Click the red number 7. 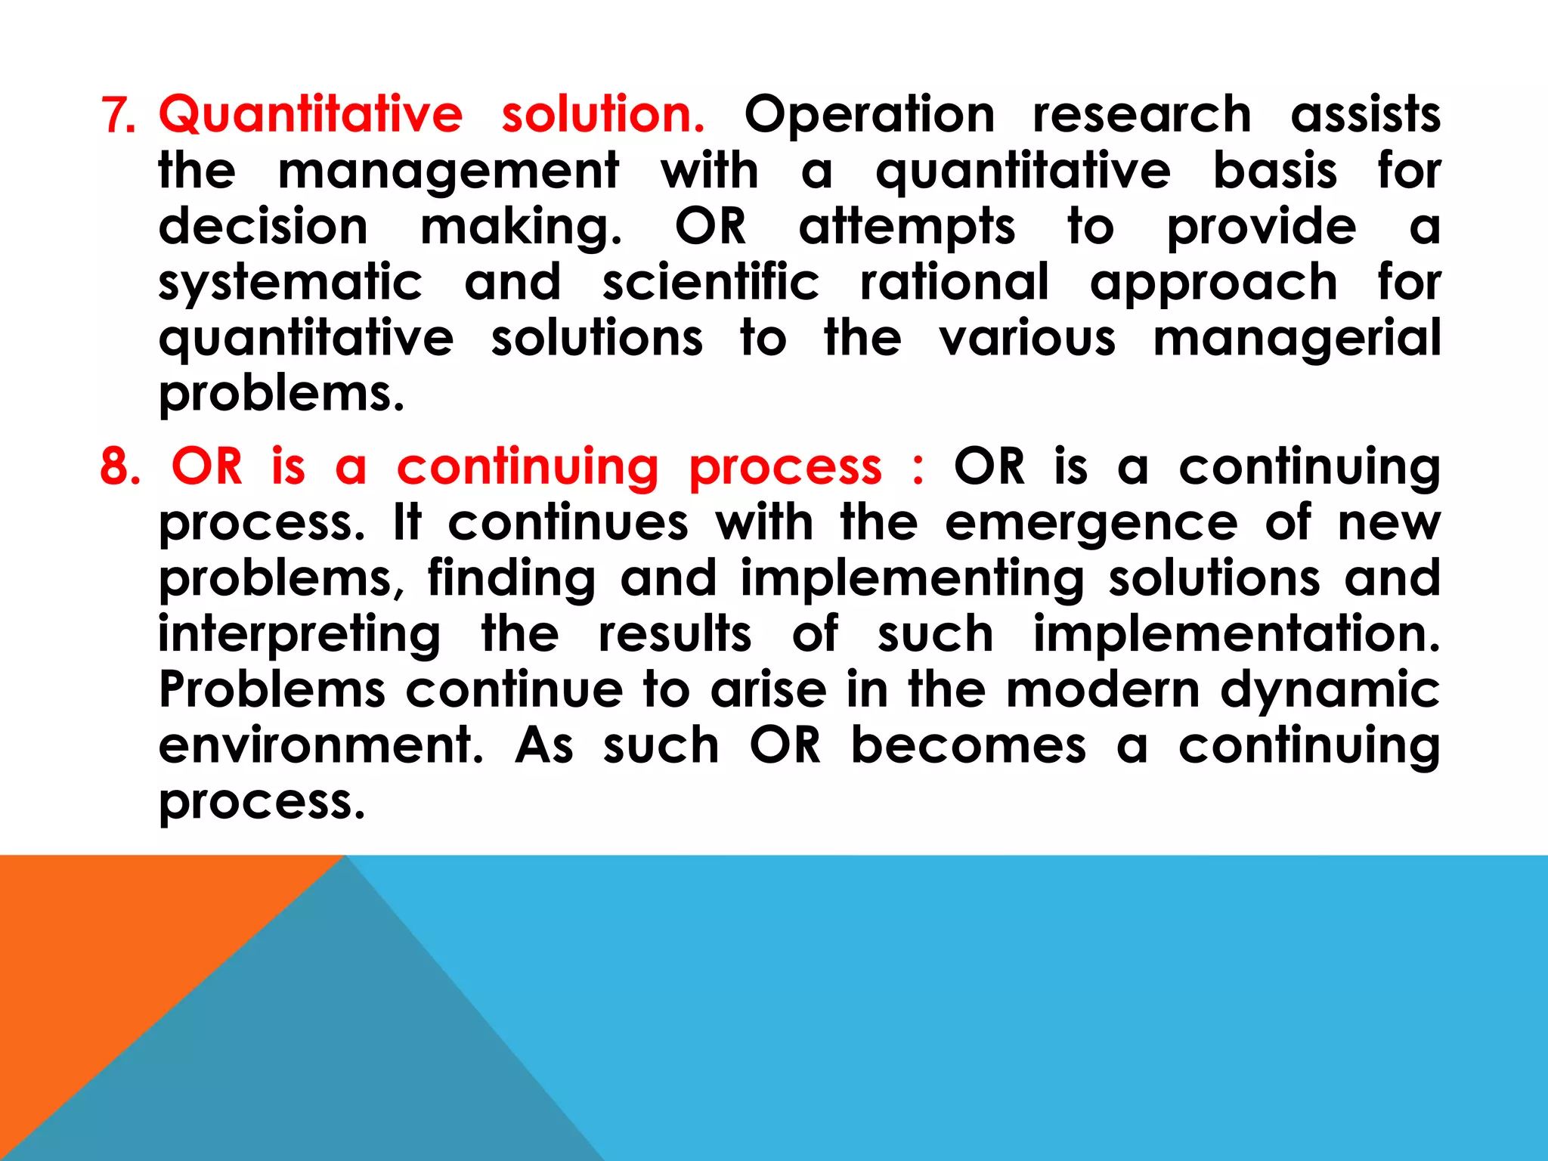(x=117, y=116)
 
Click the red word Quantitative (x=310, y=114)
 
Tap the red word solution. (x=602, y=114)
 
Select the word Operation (x=869, y=116)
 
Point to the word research (x=1141, y=116)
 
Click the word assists (x=1365, y=116)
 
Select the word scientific (x=711, y=283)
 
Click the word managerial (x=1296, y=339)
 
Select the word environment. (x=320, y=745)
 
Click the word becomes (x=968, y=745)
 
